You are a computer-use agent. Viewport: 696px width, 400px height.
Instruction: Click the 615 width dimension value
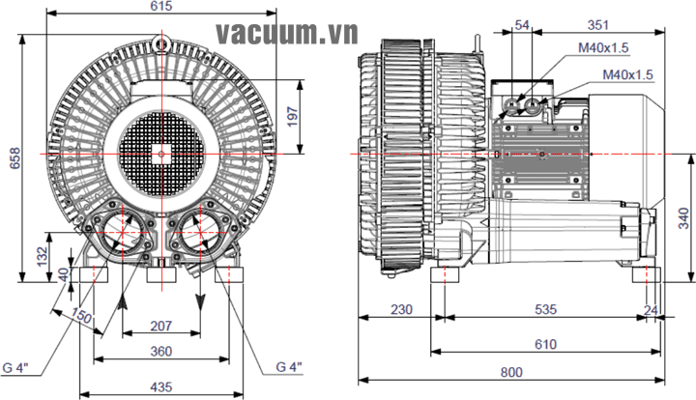click(161, 7)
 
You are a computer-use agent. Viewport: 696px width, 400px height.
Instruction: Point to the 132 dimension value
click(40, 255)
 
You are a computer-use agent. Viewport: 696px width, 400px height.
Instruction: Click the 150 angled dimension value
click(81, 316)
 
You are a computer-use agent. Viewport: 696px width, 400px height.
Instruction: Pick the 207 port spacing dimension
click(161, 327)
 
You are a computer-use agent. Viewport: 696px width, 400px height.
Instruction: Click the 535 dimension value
click(546, 309)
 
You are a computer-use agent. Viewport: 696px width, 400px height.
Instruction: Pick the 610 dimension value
click(546, 343)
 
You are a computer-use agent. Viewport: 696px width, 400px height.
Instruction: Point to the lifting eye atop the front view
click(162, 42)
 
